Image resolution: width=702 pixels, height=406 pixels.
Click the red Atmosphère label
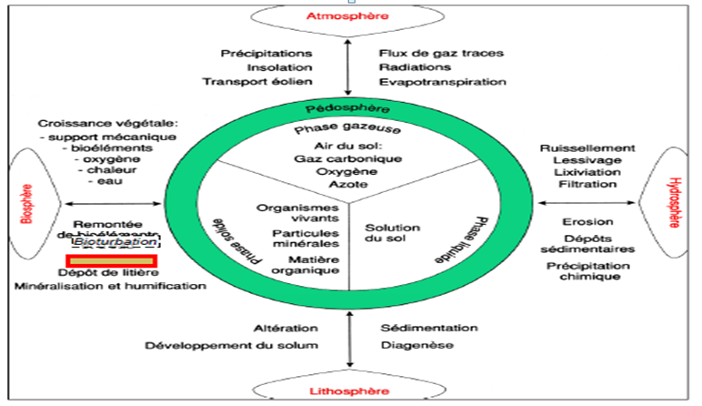point(349,17)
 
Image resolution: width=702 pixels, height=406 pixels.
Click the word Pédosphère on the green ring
point(350,107)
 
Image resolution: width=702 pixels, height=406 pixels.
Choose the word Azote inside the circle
point(349,183)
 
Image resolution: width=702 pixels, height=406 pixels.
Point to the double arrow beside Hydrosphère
point(586,202)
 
